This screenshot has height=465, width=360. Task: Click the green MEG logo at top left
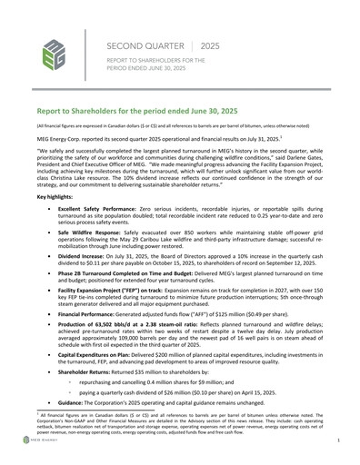coord(55,55)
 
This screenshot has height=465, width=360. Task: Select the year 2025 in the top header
coord(210,45)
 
